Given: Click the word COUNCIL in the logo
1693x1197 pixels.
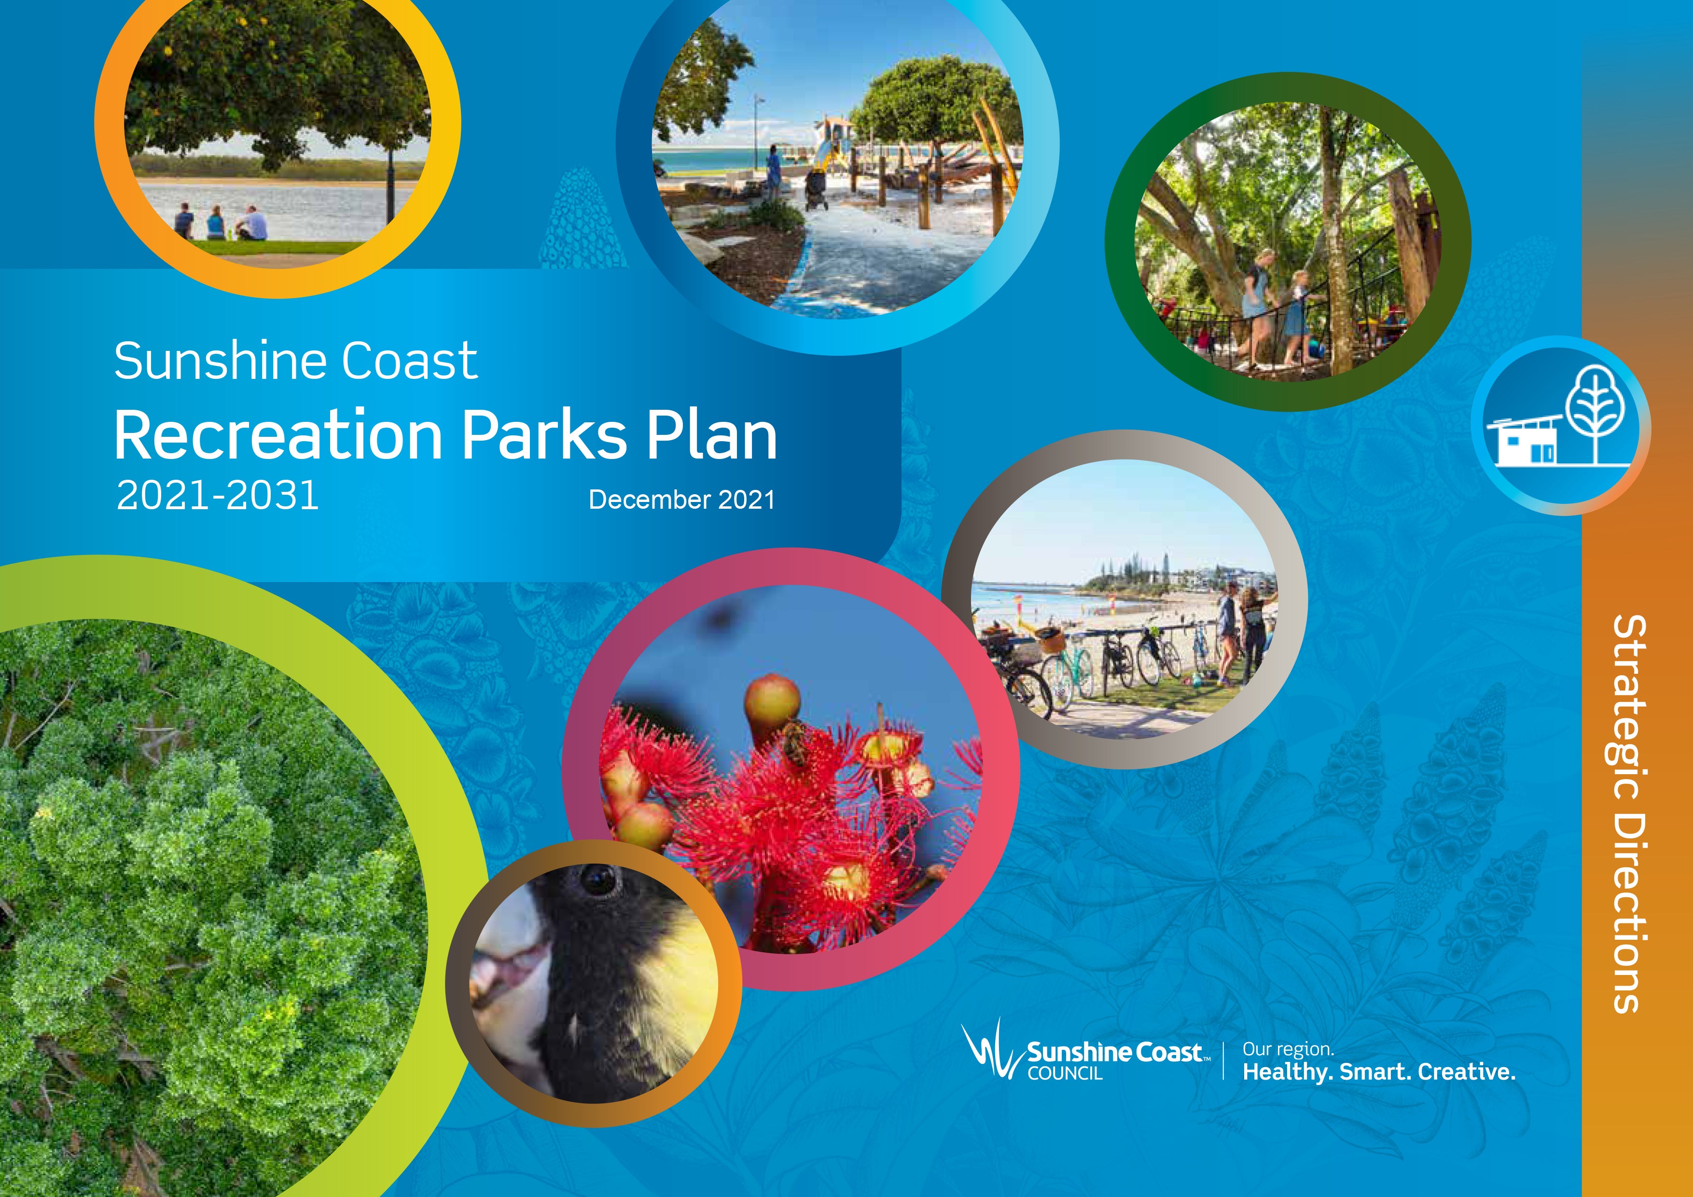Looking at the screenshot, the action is click(1065, 1074).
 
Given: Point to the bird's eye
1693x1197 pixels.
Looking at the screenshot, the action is click(597, 878).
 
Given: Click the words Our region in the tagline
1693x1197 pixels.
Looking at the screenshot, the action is click(1288, 1049).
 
